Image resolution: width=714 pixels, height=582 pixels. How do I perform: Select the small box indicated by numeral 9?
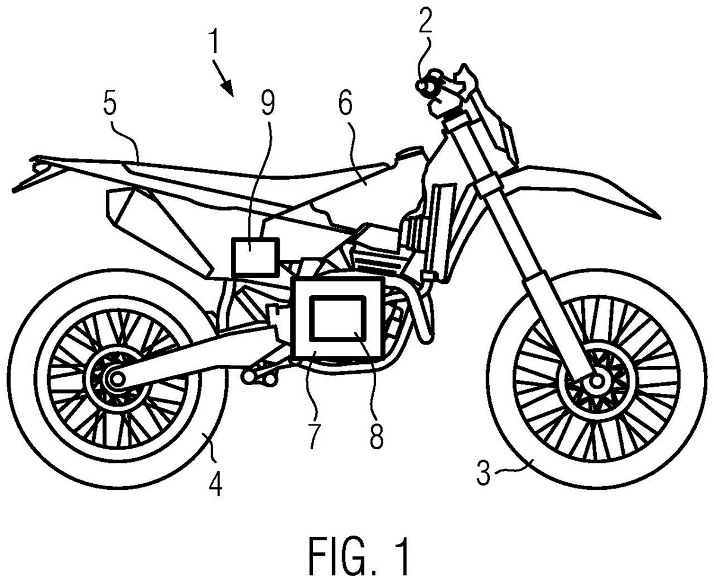(255, 256)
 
